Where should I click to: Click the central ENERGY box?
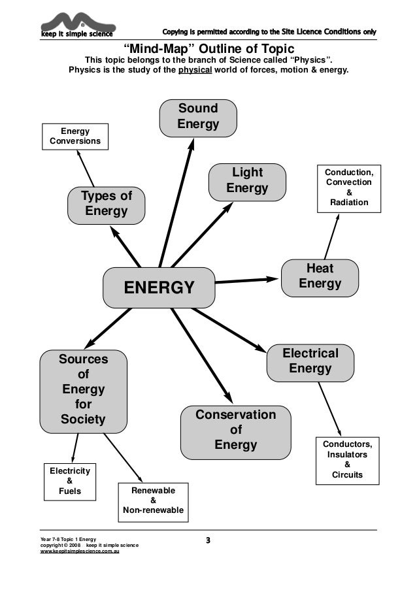coord(159,287)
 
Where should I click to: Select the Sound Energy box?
coord(198,117)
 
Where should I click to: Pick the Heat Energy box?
coord(320,277)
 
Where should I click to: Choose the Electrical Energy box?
coord(310,361)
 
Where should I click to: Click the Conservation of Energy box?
coord(235,431)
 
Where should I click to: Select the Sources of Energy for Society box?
coord(83,390)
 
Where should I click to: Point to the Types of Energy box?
coord(106,205)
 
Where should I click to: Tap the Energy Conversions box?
coord(75,137)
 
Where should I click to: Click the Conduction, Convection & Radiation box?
coord(348,188)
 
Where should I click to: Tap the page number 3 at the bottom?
coord(208,540)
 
